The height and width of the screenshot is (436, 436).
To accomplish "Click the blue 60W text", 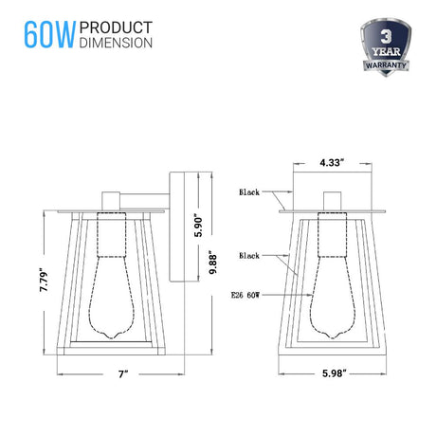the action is pos(50,35).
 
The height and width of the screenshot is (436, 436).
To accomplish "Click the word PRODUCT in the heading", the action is pos(116,27).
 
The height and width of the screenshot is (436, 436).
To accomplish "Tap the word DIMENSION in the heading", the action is pos(116,43).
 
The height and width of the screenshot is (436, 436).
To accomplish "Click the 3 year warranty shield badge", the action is pos(386,47).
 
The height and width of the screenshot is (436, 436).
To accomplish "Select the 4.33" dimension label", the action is pos(332,163).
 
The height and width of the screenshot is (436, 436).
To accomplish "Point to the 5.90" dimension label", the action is pos(198,227).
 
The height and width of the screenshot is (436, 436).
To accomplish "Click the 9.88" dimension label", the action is pos(213,263).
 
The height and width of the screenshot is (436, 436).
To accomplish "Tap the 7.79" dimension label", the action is pos(45,280).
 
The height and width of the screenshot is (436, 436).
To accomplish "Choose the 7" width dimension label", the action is pos(123,374).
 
